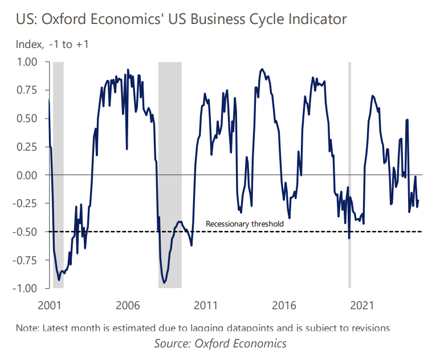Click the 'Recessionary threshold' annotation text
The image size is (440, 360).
245,224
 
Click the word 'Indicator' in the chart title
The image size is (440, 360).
316,19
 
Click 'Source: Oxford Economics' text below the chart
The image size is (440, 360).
220,343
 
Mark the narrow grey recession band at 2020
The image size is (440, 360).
349,171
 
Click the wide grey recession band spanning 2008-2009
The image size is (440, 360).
170,171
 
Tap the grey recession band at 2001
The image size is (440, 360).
58,171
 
